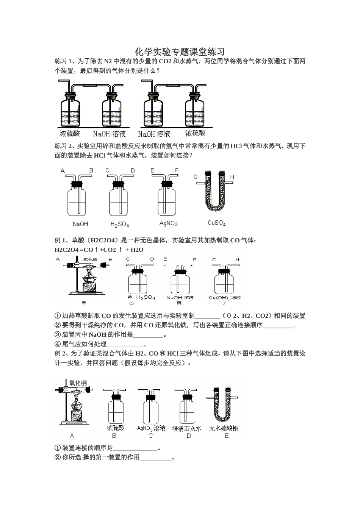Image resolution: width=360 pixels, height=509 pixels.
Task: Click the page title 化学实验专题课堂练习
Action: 180,52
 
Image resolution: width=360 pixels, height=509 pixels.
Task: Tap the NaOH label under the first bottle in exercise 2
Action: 80,224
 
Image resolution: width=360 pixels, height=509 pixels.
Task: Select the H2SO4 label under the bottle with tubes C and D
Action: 120,224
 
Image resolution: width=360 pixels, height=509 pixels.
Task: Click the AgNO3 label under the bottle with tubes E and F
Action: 169,223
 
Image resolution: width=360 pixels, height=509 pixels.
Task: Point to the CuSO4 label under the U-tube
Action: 217,223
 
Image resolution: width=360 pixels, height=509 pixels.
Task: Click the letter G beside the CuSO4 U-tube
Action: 196,177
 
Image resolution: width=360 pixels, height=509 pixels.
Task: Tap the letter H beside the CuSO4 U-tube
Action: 232,177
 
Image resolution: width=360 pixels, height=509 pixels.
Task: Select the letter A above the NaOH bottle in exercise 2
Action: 63,171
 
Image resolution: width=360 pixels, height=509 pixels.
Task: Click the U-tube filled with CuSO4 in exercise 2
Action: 214,193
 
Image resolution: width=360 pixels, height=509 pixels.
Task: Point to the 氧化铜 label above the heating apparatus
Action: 78,383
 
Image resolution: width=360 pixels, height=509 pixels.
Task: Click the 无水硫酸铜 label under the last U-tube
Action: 224,428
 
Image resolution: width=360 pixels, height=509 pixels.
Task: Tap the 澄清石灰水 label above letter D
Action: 187,428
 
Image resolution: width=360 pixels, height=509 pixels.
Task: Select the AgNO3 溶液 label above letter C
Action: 151,428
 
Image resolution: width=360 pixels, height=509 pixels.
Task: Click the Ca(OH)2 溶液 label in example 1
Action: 225,298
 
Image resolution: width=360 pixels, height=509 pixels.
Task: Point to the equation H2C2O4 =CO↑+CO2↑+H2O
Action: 99,250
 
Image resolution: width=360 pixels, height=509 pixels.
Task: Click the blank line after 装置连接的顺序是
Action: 135,448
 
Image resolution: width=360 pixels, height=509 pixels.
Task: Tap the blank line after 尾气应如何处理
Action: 125,344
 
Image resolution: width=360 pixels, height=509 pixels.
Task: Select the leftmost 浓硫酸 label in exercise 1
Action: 70,133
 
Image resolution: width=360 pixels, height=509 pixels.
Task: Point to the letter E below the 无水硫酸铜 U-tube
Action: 227,436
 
